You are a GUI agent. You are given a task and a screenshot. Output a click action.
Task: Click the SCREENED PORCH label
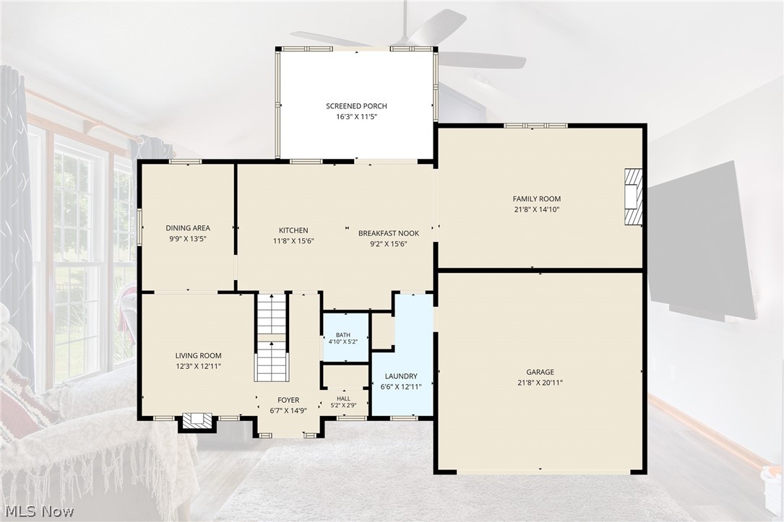click(x=356, y=106)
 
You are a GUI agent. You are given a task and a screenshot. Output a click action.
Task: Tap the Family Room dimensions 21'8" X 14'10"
click(x=536, y=210)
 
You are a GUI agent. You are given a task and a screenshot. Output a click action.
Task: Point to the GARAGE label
click(x=540, y=372)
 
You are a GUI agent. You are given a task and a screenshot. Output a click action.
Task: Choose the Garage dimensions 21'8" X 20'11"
click(x=540, y=383)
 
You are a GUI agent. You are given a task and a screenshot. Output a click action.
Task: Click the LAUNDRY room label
click(x=401, y=376)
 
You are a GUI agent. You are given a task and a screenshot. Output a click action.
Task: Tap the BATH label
click(x=343, y=335)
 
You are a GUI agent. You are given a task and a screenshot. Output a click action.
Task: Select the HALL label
click(x=343, y=398)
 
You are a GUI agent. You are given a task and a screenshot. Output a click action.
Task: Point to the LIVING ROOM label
click(x=199, y=356)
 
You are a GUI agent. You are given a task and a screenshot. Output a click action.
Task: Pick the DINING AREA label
click(x=188, y=227)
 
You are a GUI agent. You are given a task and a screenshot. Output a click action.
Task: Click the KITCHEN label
click(x=293, y=230)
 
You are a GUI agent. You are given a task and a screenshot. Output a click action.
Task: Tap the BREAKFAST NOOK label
click(x=389, y=233)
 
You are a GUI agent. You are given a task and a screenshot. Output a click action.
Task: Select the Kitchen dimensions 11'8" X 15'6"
click(x=293, y=241)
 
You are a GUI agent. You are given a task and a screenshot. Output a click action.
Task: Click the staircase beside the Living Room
click(x=272, y=338)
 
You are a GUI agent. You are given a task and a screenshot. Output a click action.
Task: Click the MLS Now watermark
click(x=39, y=511)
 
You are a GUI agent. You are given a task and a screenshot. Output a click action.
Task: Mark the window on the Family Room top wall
click(x=535, y=126)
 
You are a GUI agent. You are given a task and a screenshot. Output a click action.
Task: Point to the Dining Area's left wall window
click(x=140, y=227)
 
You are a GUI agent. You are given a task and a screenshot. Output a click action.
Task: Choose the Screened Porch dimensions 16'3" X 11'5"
click(x=356, y=117)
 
